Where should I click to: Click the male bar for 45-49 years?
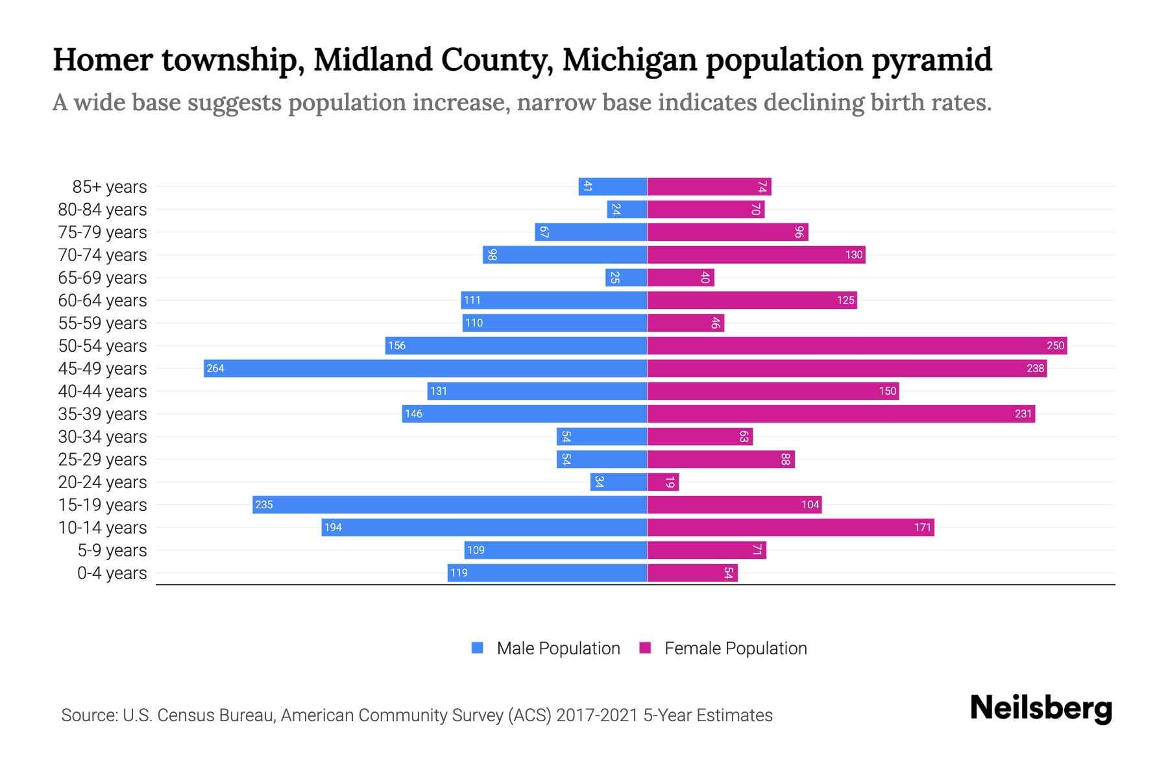(x=425, y=368)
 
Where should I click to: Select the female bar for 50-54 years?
(x=857, y=345)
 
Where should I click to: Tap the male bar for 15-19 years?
(x=450, y=504)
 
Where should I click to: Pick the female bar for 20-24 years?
(x=663, y=482)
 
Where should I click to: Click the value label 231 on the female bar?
(x=1023, y=414)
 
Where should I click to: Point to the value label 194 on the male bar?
(x=333, y=527)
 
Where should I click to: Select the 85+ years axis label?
(x=109, y=187)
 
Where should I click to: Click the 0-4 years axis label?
(x=112, y=573)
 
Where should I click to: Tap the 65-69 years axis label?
(x=103, y=278)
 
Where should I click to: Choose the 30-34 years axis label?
(x=103, y=437)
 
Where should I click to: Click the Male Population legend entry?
(x=546, y=648)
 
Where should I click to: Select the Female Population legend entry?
(x=723, y=648)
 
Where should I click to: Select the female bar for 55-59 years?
(x=685, y=323)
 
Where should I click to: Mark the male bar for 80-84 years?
(x=627, y=209)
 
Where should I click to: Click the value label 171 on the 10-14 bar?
(x=922, y=527)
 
